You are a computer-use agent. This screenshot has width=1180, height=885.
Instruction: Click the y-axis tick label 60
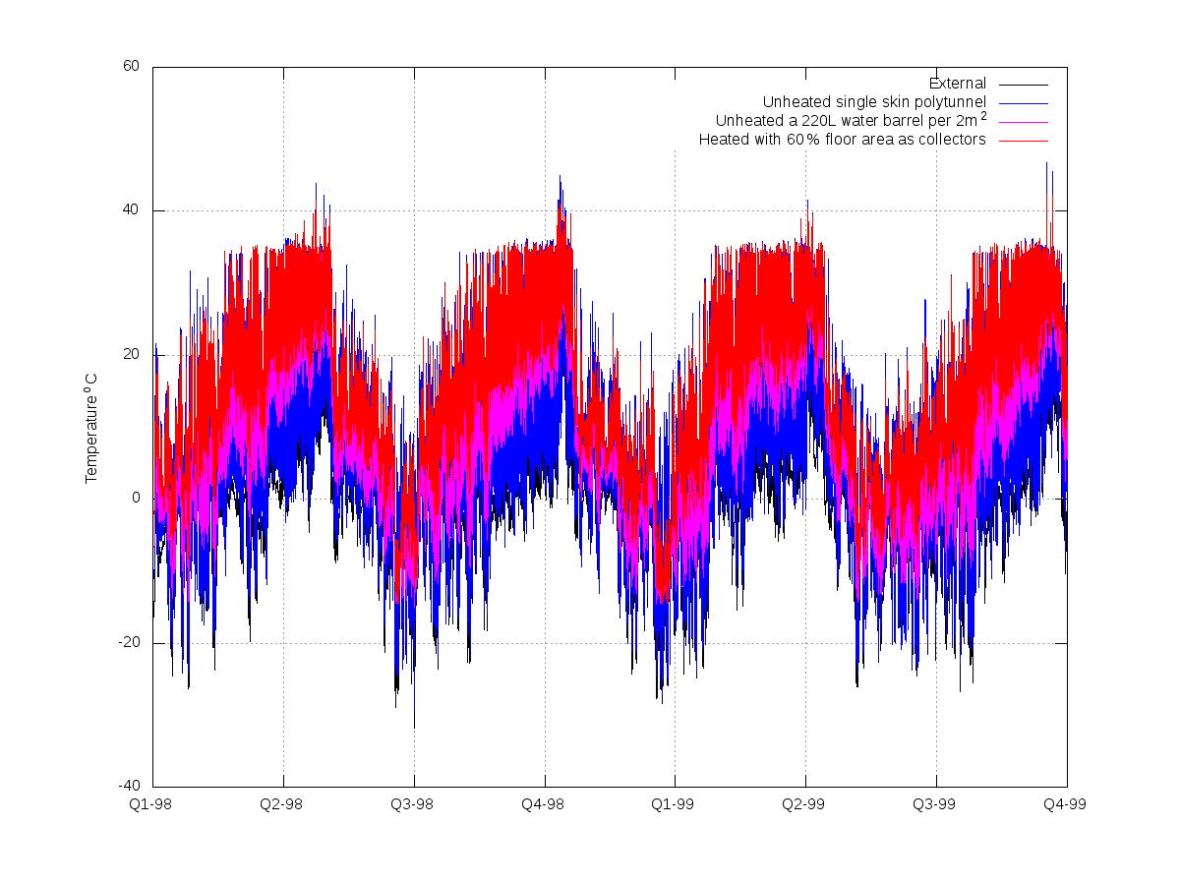131,66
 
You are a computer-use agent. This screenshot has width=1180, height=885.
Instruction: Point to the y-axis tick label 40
131,209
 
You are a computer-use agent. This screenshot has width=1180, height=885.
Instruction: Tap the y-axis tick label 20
131,354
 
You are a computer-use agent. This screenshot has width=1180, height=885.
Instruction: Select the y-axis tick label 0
136,498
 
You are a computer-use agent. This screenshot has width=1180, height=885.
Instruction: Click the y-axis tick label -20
129,642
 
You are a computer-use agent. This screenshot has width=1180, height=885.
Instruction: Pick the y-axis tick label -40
129,786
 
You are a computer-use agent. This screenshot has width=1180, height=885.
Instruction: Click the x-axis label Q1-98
150,804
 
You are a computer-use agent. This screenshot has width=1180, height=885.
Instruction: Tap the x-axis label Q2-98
281,804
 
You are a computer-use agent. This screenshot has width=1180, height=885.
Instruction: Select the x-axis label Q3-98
412,804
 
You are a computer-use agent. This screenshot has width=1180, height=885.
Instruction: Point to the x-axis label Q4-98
543,804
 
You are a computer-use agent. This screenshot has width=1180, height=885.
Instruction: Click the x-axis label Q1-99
673,804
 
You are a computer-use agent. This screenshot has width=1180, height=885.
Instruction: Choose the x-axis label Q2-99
803,804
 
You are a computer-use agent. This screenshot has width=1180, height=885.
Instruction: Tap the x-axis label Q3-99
934,804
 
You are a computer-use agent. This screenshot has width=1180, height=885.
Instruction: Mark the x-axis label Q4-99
1064,804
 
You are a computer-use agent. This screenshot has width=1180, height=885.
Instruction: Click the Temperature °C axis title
90,429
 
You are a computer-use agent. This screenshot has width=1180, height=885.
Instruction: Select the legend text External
958,84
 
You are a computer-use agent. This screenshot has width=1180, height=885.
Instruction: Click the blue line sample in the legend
1024,103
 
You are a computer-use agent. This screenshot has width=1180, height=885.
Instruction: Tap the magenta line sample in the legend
1024,123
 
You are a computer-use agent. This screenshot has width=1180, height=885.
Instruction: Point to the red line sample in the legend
1024,141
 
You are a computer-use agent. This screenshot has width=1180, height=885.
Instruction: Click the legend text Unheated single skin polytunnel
874,102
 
